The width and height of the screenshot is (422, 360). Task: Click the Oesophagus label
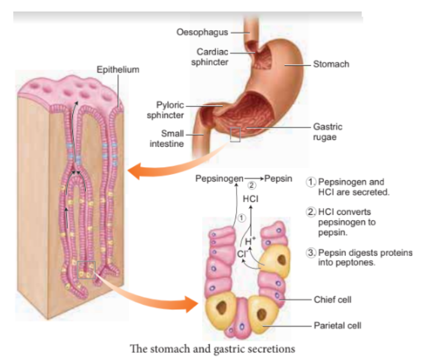202,32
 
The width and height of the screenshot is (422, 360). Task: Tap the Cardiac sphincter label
210,57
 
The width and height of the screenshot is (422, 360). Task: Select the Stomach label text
331,64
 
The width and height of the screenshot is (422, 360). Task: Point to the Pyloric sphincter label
165,110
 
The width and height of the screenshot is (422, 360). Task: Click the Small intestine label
167,139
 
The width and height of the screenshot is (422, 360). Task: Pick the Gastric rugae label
328,132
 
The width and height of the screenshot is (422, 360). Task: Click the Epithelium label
118,70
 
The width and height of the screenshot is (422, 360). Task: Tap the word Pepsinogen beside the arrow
219,178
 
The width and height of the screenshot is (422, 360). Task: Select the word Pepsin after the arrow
278,178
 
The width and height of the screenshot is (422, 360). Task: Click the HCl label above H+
250,199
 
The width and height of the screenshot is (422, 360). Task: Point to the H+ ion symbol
250,241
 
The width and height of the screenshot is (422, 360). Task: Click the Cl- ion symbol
242,254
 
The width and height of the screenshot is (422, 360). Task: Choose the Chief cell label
333,299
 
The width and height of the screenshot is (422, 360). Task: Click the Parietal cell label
337,326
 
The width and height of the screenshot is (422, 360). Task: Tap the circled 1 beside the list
311,182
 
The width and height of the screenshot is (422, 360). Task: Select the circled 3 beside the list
311,252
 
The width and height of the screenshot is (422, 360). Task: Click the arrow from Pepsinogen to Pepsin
253,178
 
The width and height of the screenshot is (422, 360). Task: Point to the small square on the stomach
235,134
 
